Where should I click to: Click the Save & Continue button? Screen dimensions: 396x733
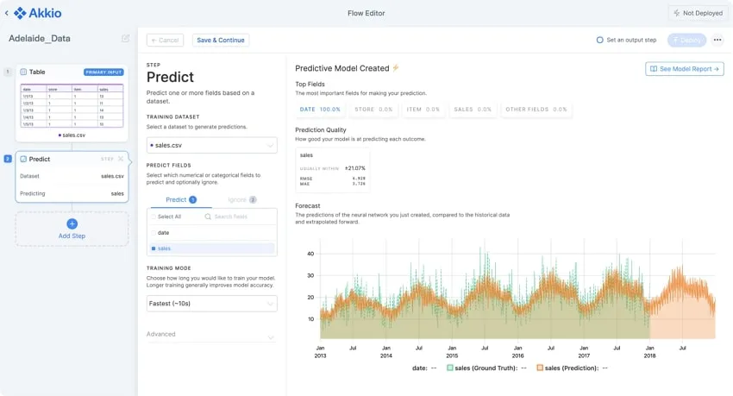(221, 41)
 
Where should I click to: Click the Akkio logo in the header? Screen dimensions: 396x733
(37, 13)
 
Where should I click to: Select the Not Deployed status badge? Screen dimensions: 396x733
(699, 13)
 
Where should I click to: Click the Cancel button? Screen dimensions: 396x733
(165, 41)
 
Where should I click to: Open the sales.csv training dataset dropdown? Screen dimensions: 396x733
(211, 146)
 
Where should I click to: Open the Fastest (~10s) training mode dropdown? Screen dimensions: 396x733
(211, 304)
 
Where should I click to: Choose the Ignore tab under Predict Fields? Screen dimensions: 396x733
(241, 199)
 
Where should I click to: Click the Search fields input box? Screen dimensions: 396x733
(240, 217)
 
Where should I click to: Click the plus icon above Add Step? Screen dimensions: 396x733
(72, 223)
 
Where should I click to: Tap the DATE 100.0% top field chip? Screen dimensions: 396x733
(320, 110)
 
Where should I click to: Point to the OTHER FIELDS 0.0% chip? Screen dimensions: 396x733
(536, 110)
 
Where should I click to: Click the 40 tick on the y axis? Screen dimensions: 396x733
(310, 254)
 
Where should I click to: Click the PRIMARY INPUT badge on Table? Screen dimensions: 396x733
(103, 72)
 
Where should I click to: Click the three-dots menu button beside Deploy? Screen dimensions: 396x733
(717, 41)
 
